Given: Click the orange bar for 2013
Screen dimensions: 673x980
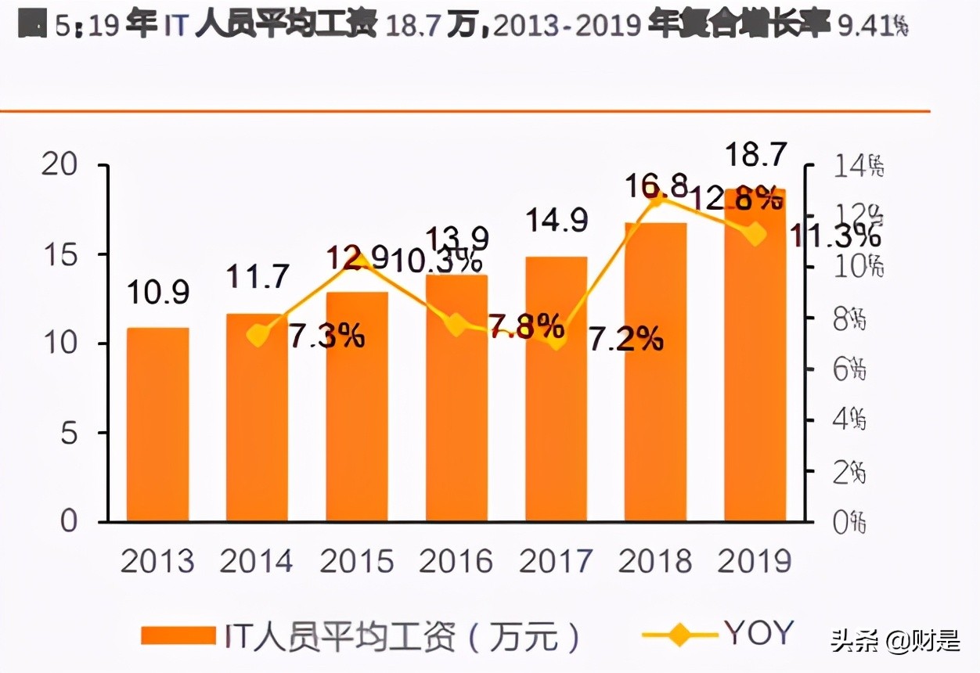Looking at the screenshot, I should point(158,424).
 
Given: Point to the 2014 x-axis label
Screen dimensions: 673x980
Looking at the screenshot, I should point(257,561).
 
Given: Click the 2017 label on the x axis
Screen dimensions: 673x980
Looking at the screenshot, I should point(556,561).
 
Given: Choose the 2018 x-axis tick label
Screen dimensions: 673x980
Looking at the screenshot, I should point(655,561).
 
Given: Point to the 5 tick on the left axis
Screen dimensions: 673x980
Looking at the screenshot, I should point(69,433).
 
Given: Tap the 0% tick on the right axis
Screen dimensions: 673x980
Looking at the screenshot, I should point(848,523).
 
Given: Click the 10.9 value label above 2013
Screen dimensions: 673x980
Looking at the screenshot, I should point(159,292).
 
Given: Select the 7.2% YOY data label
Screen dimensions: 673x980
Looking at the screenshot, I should point(626,338).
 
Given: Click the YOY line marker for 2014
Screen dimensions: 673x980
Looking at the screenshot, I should point(258,335).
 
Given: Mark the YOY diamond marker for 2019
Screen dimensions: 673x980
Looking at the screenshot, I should point(755,233).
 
